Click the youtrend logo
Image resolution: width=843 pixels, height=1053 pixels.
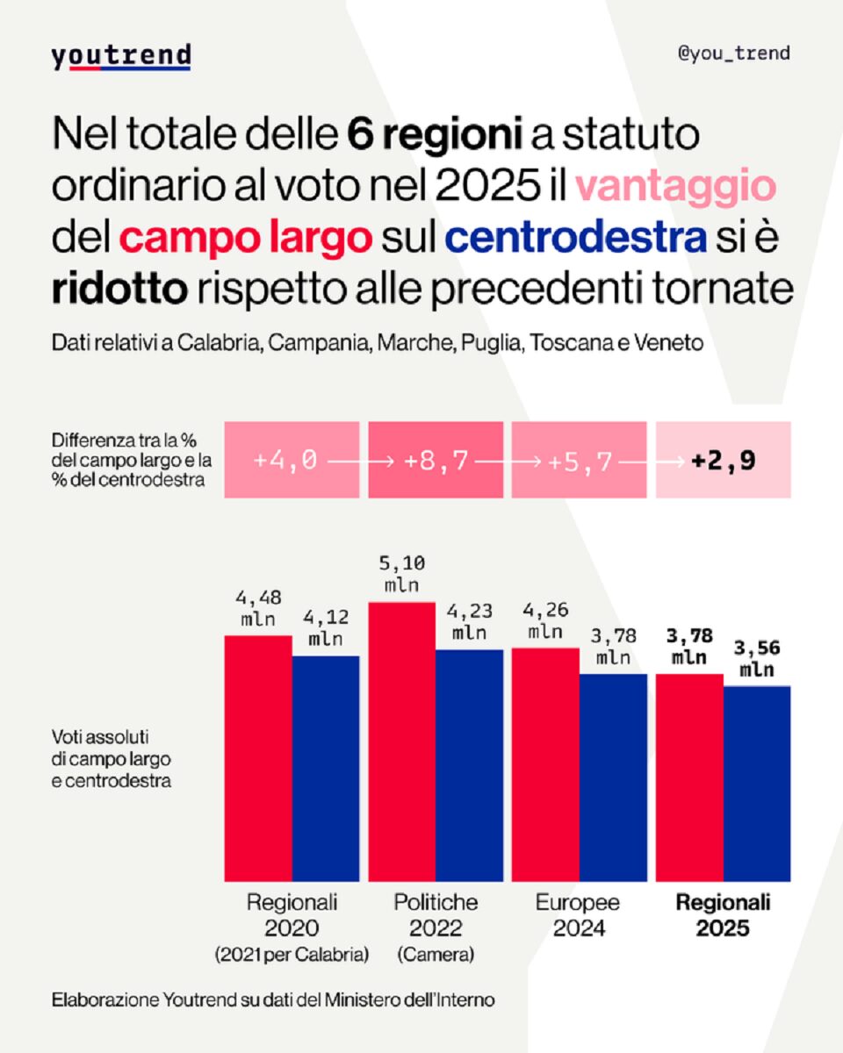[x=120, y=56]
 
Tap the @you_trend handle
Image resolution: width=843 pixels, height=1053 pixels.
[x=733, y=54]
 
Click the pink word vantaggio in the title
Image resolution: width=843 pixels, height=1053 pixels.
[x=676, y=186]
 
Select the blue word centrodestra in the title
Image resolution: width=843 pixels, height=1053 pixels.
[x=576, y=238]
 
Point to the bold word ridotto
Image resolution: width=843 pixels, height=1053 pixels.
[x=119, y=290]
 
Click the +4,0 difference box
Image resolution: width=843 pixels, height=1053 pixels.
[x=292, y=460]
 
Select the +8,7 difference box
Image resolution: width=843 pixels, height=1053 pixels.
[x=436, y=460]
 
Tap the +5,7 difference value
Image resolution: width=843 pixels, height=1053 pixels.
[x=580, y=460]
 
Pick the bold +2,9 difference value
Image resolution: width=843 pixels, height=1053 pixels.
[x=724, y=460]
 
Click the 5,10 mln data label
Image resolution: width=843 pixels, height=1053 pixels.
[x=401, y=574]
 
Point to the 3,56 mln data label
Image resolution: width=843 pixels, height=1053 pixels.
[x=757, y=660]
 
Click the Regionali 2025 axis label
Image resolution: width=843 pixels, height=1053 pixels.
[x=723, y=915]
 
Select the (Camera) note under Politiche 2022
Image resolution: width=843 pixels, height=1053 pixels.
[x=436, y=955]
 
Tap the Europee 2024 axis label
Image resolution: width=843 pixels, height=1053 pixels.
[x=577, y=915]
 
